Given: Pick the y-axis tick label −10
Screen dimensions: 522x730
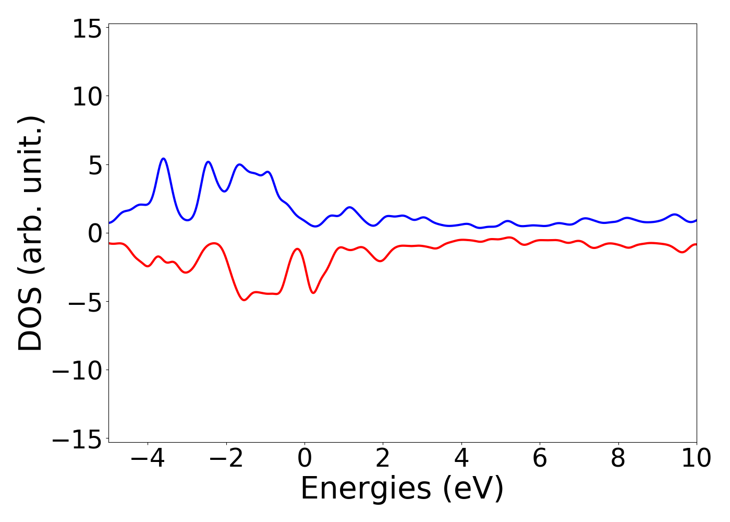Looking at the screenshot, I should click(x=74, y=371).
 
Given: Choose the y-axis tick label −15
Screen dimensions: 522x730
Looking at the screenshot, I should click(x=74, y=439).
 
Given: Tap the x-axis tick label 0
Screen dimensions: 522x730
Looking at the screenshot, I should click(x=305, y=458).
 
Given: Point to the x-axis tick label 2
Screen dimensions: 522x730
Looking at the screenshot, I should click(x=383, y=458).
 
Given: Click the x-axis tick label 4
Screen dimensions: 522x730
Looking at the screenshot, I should click(x=461, y=458).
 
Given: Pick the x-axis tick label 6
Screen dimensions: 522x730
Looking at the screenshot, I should click(x=540, y=458).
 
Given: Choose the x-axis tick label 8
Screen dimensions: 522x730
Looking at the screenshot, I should click(x=618, y=458).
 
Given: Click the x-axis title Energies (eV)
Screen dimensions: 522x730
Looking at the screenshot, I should click(x=402, y=489).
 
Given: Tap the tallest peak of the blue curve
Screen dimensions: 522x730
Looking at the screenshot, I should click(x=164, y=159).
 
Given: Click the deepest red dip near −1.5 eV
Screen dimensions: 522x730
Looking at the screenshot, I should click(x=244, y=300).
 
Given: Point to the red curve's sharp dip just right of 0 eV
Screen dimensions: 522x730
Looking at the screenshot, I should click(x=313, y=292).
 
